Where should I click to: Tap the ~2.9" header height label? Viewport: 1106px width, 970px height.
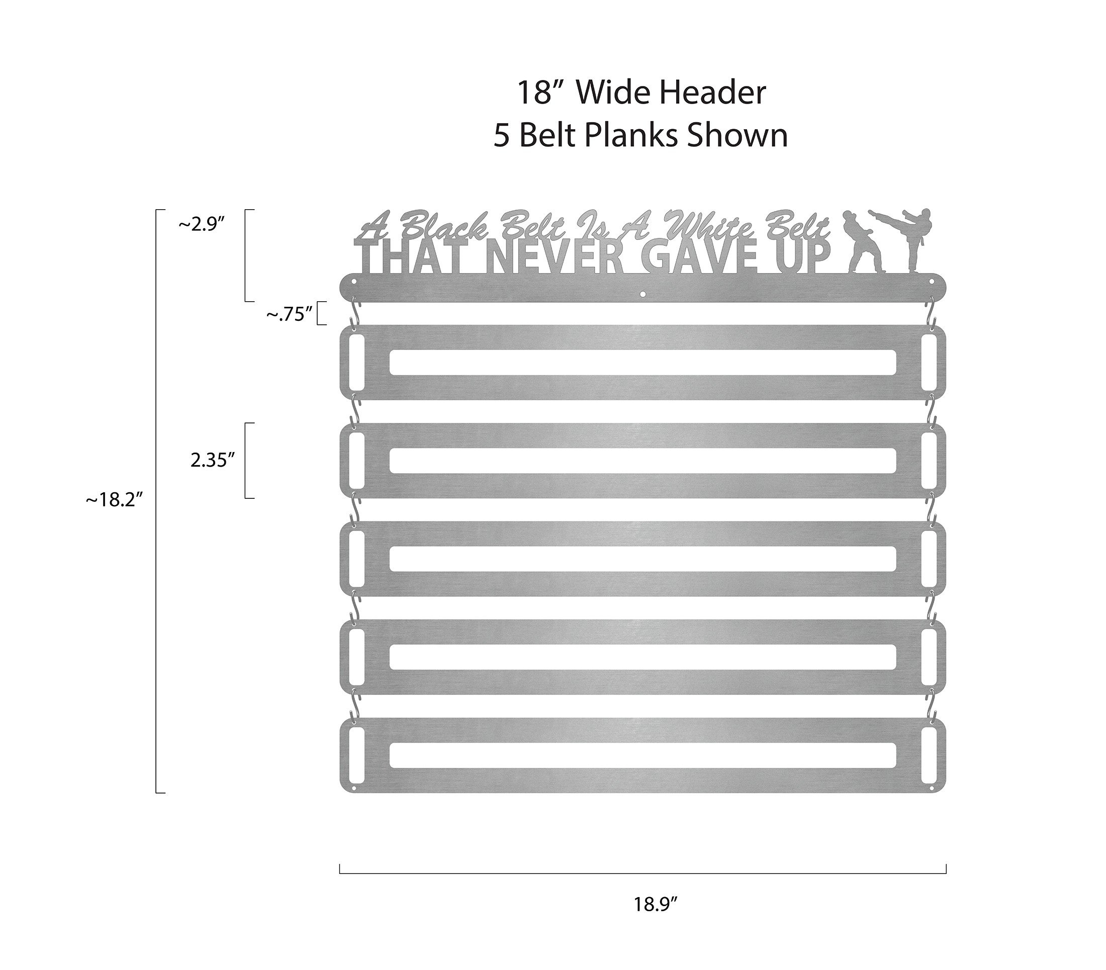201,224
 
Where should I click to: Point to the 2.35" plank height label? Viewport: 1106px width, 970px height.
212,461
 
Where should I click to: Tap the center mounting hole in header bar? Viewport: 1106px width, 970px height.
642,295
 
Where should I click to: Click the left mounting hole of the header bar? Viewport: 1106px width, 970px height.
354,282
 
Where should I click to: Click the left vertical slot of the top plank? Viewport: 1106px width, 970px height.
357,362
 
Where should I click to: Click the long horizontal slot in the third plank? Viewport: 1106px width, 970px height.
642,559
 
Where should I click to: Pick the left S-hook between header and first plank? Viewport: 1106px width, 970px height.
354,313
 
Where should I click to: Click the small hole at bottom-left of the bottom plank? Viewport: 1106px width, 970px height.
354,790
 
